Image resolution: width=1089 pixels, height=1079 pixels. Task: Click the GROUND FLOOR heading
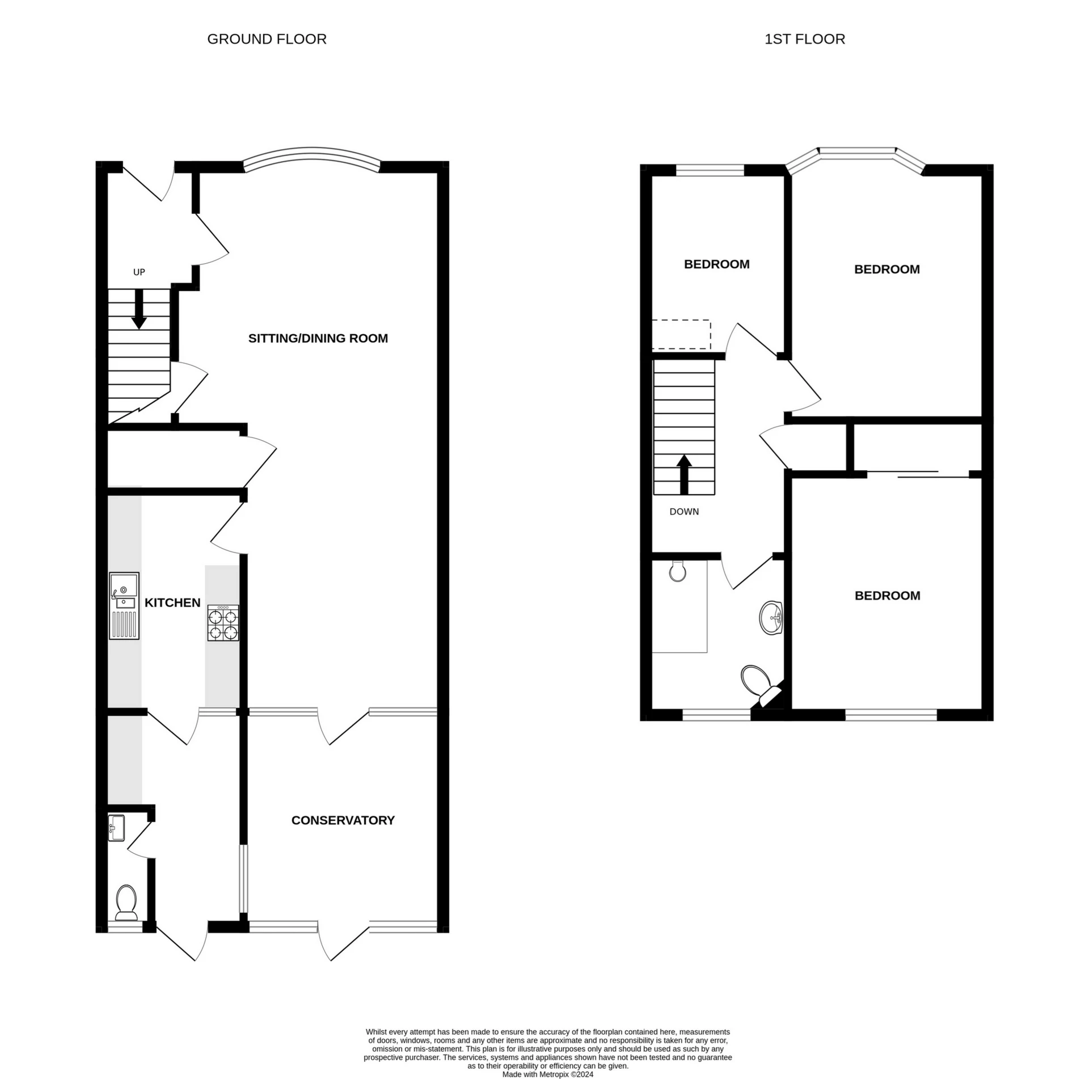click(267, 39)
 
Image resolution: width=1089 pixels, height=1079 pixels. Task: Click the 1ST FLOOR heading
click(804, 39)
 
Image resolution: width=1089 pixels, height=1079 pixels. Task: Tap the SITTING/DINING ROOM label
click(318, 338)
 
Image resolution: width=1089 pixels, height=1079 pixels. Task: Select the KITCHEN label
click(172, 602)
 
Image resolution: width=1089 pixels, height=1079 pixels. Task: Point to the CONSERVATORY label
click(343, 820)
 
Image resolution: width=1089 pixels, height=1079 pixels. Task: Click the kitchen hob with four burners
click(223, 623)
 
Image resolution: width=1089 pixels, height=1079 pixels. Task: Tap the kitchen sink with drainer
click(124, 605)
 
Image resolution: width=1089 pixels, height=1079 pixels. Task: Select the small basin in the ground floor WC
click(117, 829)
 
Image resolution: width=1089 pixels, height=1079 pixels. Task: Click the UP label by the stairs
click(139, 272)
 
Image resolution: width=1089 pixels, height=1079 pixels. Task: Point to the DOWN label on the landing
click(684, 512)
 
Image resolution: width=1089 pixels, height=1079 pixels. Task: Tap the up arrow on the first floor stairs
click(685, 474)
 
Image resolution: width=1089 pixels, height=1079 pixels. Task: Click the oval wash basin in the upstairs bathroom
click(771, 617)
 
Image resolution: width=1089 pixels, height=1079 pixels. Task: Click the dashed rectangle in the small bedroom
click(681, 335)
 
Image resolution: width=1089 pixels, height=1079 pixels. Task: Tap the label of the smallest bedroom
click(716, 264)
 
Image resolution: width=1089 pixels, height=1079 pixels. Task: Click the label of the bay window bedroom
click(887, 269)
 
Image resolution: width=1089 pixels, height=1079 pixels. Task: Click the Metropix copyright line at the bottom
click(547, 1074)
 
